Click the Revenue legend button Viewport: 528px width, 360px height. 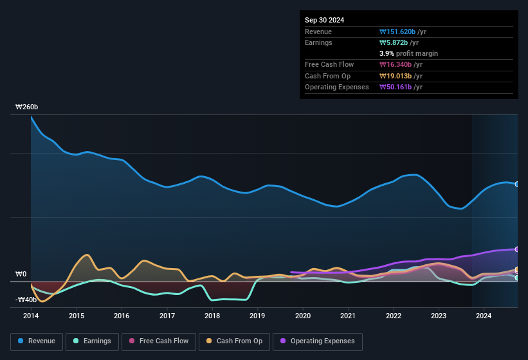[x=37, y=341]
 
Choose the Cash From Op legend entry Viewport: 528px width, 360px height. [x=235, y=341]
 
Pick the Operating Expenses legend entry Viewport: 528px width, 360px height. [x=318, y=341]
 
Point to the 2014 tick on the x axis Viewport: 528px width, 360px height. [x=31, y=316]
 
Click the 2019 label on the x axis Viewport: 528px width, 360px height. [x=257, y=316]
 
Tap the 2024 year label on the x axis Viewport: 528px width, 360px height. [x=484, y=316]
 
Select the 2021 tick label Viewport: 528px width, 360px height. [x=348, y=316]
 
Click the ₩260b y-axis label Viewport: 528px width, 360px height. [x=27, y=107]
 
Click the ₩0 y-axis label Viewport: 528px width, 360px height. [x=21, y=274]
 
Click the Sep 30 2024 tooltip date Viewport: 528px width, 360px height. [x=324, y=20]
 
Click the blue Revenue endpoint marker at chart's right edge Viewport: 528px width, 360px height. [x=517, y=184]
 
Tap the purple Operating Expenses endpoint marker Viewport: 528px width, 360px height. [x=517, y=249]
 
